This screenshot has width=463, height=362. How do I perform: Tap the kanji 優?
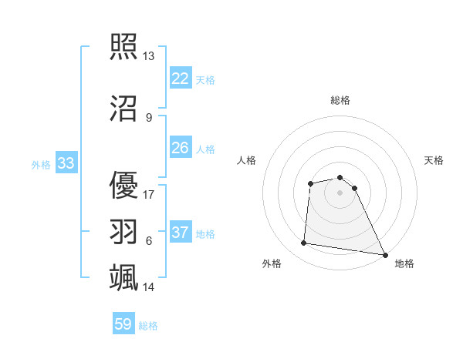tap(123, 183)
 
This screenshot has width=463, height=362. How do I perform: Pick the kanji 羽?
tap(123, 231)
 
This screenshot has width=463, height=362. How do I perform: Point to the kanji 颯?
tap(123, 277)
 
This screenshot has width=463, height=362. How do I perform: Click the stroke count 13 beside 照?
tap(149, 56)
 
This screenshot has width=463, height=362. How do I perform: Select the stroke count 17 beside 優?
tap(149, 194)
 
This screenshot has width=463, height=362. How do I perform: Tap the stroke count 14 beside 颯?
tap(149, 287)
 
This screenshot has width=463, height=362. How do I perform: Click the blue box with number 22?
tap(180, 79)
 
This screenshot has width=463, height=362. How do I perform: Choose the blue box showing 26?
tap(180, 148)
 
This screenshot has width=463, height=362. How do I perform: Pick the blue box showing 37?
tap(180, 233)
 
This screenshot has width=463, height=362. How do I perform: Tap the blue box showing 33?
tap(66, 163)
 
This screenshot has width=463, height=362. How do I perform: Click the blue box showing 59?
tap(123, 324)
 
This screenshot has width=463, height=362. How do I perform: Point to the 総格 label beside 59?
tap(148, 326)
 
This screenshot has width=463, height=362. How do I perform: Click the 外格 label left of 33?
tap(40, 165)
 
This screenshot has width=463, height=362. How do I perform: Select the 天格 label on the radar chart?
tap(434, 160)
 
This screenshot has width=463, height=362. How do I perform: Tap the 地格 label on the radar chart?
tap(404, 263)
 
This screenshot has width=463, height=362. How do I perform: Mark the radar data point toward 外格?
tap(304, 243)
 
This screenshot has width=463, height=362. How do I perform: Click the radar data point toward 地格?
tap(385, 255)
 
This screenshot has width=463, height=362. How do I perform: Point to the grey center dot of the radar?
tap(340, 193)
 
